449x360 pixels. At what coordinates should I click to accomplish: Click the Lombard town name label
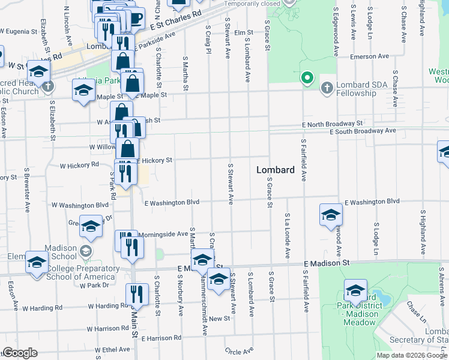(x=276, y=170)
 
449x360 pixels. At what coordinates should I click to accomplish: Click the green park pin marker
(x=307, y=78)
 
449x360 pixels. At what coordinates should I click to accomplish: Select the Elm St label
(x=244, y=32)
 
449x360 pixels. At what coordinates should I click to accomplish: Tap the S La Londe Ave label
(x=288, y=235)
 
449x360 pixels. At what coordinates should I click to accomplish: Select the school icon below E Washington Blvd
(x=331, y=215)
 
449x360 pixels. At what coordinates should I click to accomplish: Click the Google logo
(x=20, y=353)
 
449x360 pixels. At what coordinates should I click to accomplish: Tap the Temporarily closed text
(x=252, y=4)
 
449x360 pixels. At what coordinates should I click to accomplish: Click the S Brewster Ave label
(x=27, y=190)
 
